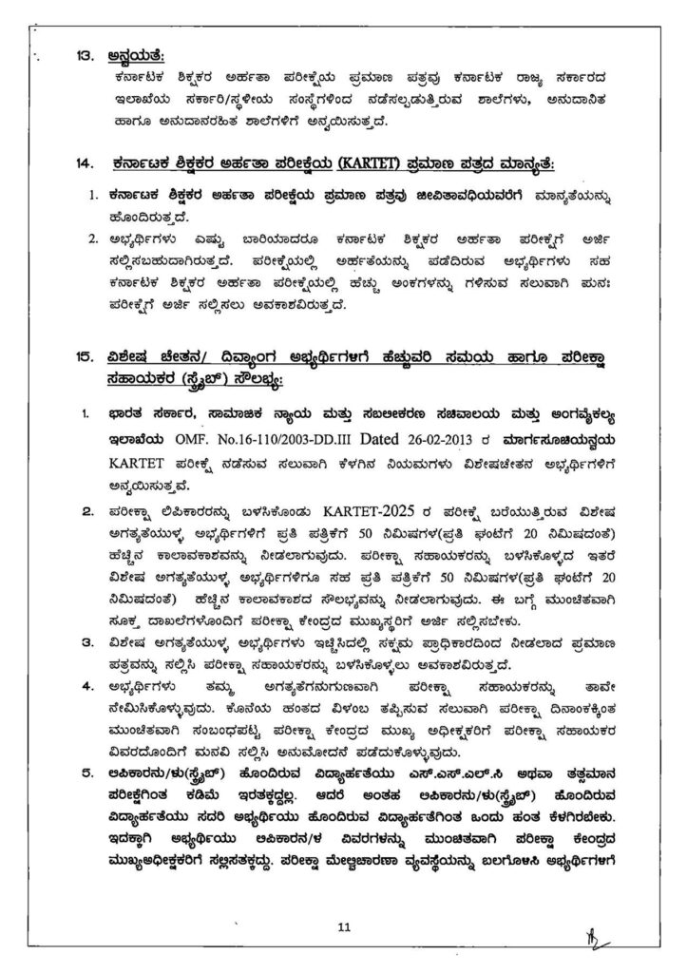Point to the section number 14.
click(83, 163)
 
